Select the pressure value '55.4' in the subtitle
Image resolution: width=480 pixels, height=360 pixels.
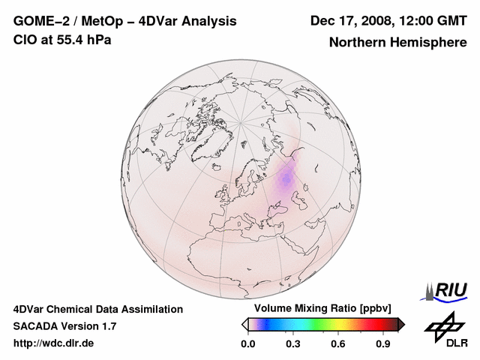(67, 40)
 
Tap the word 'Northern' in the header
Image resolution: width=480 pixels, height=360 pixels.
(356, 43)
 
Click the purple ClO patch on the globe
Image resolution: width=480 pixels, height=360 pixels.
(286, 178)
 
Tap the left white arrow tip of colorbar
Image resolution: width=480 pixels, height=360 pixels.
(244, 324)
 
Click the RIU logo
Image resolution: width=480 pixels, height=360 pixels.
(449, 289)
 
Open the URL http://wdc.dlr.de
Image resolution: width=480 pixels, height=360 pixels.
(54, 343)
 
